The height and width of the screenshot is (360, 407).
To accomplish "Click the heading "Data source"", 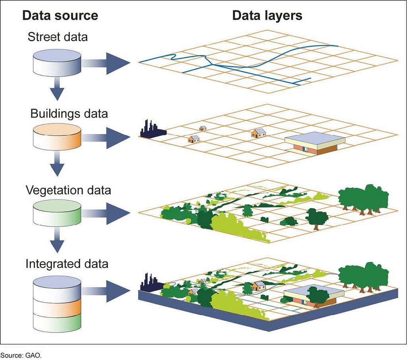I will click(x=60, y=16).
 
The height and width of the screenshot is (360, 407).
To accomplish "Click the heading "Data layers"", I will click(x=267, y=16).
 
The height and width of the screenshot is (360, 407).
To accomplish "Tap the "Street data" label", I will click(x=58, y=37).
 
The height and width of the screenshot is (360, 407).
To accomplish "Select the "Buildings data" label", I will click(x=69, y=113).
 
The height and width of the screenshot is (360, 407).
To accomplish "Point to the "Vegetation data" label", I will click(x=68, y=190).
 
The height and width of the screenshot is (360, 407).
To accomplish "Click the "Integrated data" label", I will click(x=67, y=264).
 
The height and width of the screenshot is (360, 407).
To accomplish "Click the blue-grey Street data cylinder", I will click(x=57, y=63).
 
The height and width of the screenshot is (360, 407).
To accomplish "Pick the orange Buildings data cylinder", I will click(x=57, y=138).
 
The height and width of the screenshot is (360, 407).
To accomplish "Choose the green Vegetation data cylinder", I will click(x=57, y=214).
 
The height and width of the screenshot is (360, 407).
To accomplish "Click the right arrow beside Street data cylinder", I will click(x=107, y=63).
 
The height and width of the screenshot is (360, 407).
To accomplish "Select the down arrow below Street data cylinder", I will click(x=57, y=90).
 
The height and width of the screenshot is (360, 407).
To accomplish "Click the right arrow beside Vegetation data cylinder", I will click(x=107, y=214).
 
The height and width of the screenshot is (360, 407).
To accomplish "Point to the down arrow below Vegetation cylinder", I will click(x=57, y=241).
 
